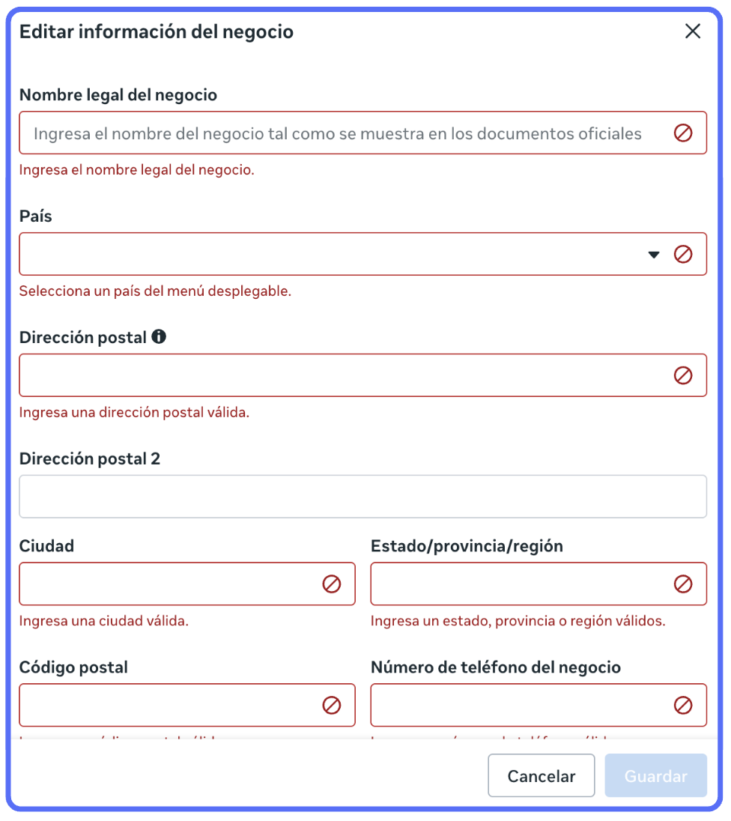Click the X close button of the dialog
[x=693, y=31]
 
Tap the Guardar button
[x=656, y=775]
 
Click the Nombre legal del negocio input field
[x=337, y=133]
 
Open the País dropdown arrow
[x=654, y=255]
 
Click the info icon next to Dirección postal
[x=159, y=337]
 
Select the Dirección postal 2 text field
[x=363, y=496]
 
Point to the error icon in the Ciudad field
[x=332, y=584]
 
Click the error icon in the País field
[x=683, y=255]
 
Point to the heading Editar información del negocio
[x=157, y=31]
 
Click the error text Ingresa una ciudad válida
[x=103, y=621]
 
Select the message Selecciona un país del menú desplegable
[x=155, y=291]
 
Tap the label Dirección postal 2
[x=90, y=458]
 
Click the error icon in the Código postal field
[x=332, y=705]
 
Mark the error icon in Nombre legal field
[x=683, y=133]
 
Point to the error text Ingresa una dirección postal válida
[x=134, y=412]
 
